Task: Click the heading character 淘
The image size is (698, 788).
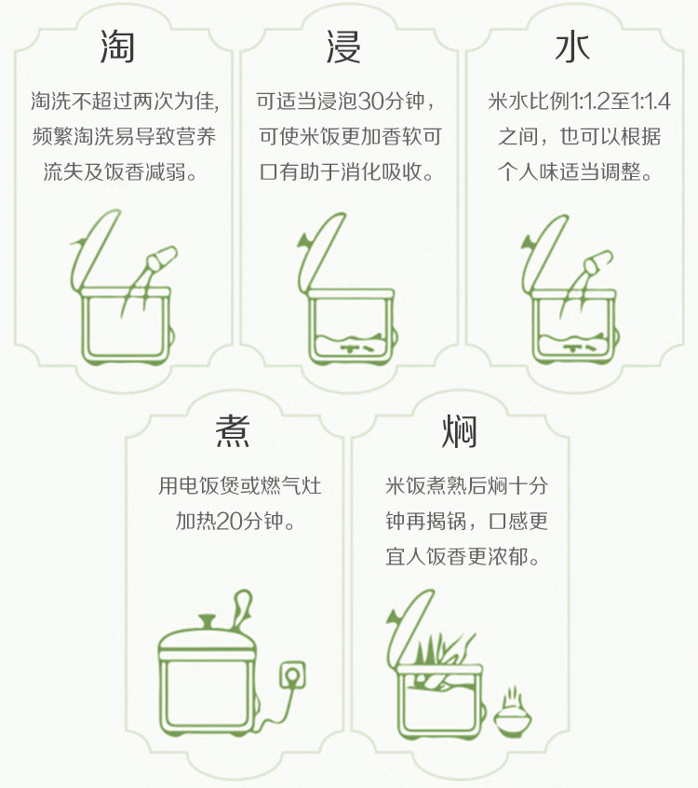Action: (117, 47)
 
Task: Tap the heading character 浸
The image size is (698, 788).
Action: (343, 47)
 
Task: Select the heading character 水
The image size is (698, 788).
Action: (572, 48)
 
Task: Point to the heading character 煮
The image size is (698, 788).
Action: (233, 431)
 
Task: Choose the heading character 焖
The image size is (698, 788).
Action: (459, 431)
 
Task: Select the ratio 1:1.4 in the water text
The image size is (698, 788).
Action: (651, 101)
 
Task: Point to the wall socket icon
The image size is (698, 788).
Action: (292, 675)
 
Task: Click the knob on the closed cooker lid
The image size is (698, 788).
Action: (208, 620)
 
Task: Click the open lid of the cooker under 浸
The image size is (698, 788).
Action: (321, 252)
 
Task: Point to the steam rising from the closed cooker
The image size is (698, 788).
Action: (242, 609)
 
